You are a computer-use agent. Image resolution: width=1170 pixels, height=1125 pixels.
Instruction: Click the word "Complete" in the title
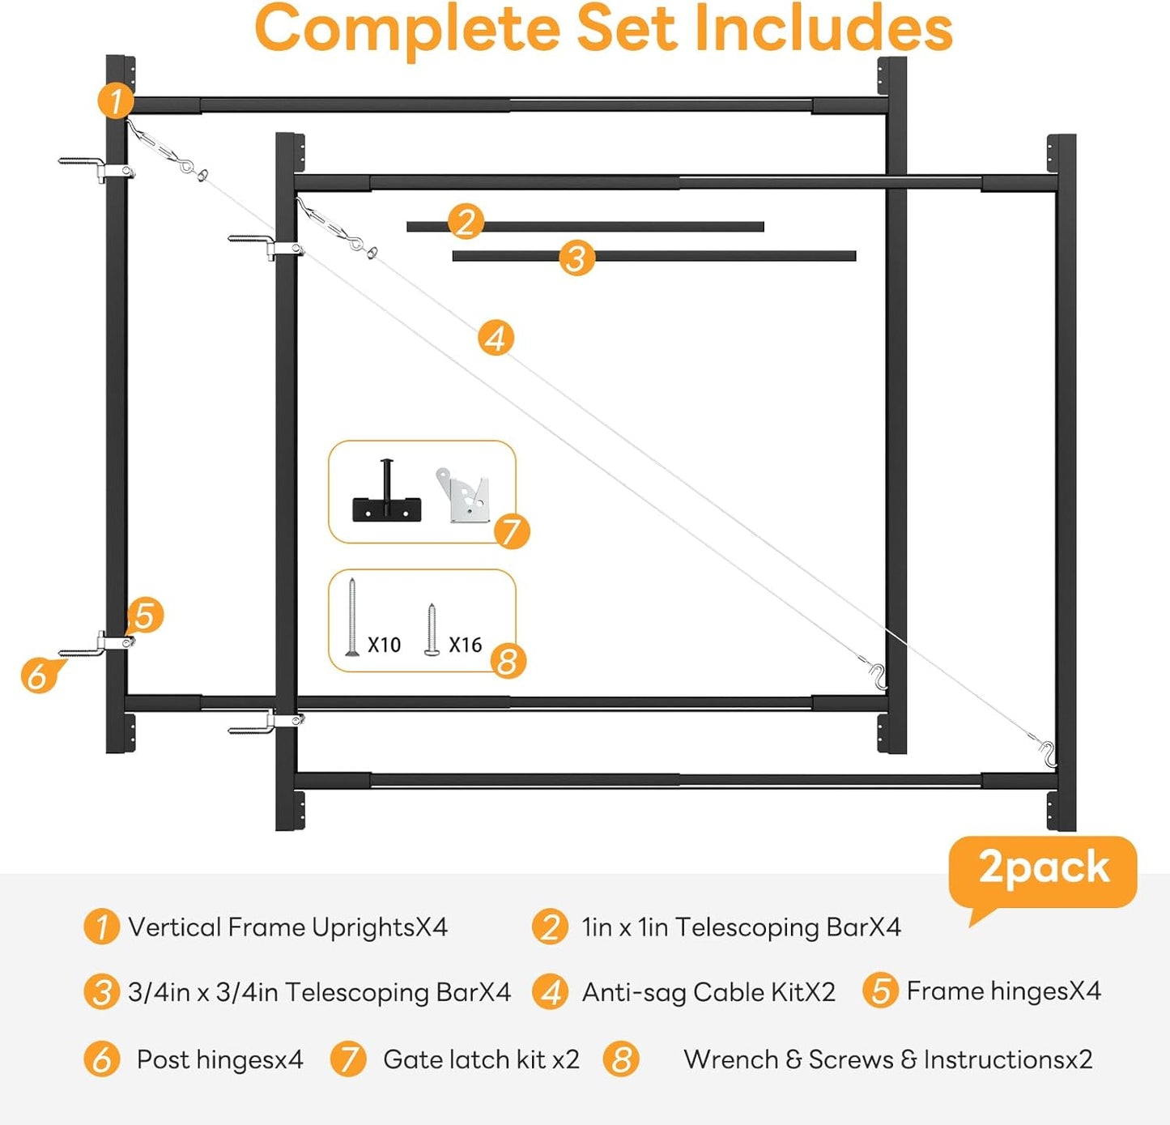click(407, 31)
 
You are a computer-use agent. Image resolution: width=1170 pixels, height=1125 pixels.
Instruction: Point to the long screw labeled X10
click(351, 616)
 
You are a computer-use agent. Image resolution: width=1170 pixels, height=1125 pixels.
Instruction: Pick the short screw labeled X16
click(431, 629)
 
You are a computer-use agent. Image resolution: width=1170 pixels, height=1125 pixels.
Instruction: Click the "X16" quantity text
click(466, 646)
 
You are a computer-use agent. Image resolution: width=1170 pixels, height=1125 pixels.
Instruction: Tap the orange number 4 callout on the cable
click(496, 338)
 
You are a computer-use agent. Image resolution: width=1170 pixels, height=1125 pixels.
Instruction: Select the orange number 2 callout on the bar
click(466, 222)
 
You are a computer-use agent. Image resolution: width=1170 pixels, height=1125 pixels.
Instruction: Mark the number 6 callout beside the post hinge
click(39, 675)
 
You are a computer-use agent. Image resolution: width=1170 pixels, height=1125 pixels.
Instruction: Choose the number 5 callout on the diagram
click(145, 615)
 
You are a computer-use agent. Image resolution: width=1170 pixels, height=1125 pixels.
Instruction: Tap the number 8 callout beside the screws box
click(508, 662)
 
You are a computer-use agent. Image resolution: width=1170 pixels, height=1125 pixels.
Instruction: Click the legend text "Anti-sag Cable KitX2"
click(708, 993)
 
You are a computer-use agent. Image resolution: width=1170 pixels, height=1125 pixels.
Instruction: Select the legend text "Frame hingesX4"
click(1003, 991)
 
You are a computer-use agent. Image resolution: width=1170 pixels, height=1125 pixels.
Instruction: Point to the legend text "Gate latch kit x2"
click(481, 1059)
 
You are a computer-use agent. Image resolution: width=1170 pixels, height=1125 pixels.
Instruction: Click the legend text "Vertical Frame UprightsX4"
click(288, 927)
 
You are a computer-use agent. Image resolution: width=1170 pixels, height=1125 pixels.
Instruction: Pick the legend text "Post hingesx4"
click(220, 1059)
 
